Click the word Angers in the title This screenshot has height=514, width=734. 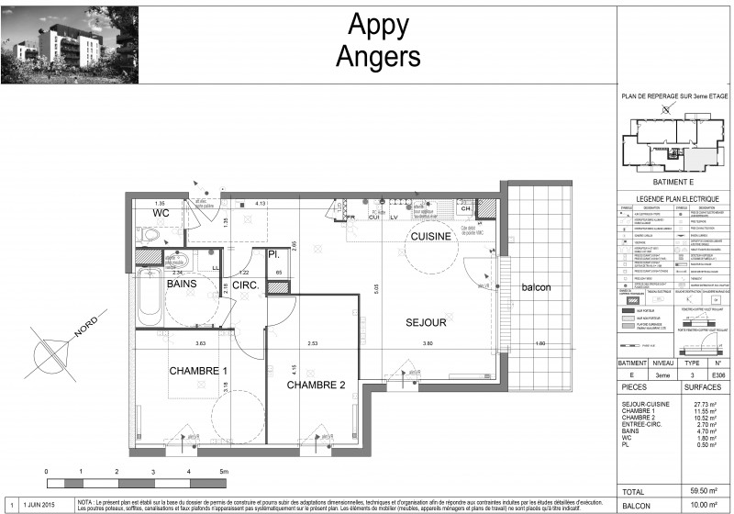click(x=378, y=56)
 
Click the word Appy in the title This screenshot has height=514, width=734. click(x=378, y=25)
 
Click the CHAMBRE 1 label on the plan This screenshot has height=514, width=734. click(x=197, y=370)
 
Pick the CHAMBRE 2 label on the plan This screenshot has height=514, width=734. click(x=316, y=385)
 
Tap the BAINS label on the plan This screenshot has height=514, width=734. click(x=183, y=284)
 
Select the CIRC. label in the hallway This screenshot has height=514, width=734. click(x=245, y=286)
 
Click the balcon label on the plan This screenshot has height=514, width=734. click(x=537, y=288)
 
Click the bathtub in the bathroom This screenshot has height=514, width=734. click(x=150, y=296)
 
